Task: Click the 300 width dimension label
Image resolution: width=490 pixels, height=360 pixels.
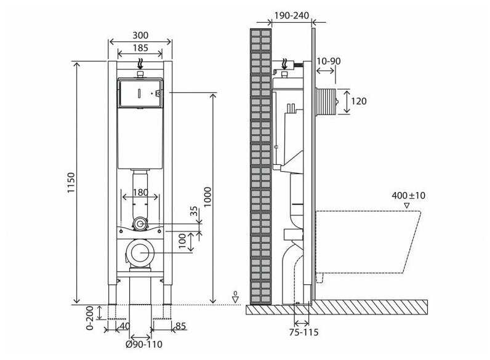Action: [140, 36]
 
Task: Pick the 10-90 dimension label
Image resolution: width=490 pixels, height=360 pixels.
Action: [328, 62]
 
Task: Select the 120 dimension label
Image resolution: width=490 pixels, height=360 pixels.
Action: [359, 101]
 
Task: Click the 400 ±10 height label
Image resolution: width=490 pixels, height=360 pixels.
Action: [408, 196]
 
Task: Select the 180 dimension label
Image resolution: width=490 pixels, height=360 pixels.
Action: [140, 193]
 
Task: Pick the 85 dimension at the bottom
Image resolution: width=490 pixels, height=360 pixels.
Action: [180, 326]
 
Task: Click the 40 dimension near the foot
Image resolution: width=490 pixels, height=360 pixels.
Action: [126, 326]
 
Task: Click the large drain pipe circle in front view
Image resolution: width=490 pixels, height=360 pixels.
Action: [141, 253]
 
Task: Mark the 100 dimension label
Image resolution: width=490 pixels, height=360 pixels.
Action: [182, 240]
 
